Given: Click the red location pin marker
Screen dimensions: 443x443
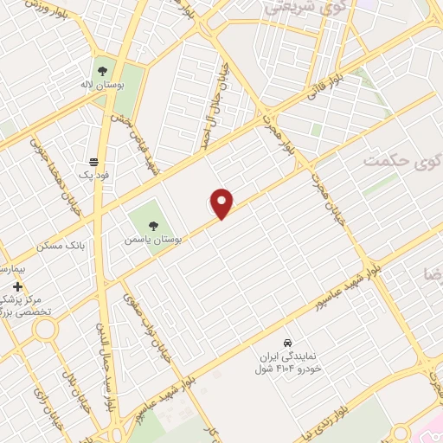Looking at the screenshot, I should tap(222, 202).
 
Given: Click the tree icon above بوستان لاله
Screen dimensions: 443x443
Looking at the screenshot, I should tap(104, 71).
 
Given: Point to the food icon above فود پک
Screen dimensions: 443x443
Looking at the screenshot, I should tap(93, 162).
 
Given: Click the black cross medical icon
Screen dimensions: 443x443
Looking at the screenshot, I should tap(17, 286).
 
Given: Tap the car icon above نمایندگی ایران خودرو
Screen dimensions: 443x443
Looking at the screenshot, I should tap(289, 342).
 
